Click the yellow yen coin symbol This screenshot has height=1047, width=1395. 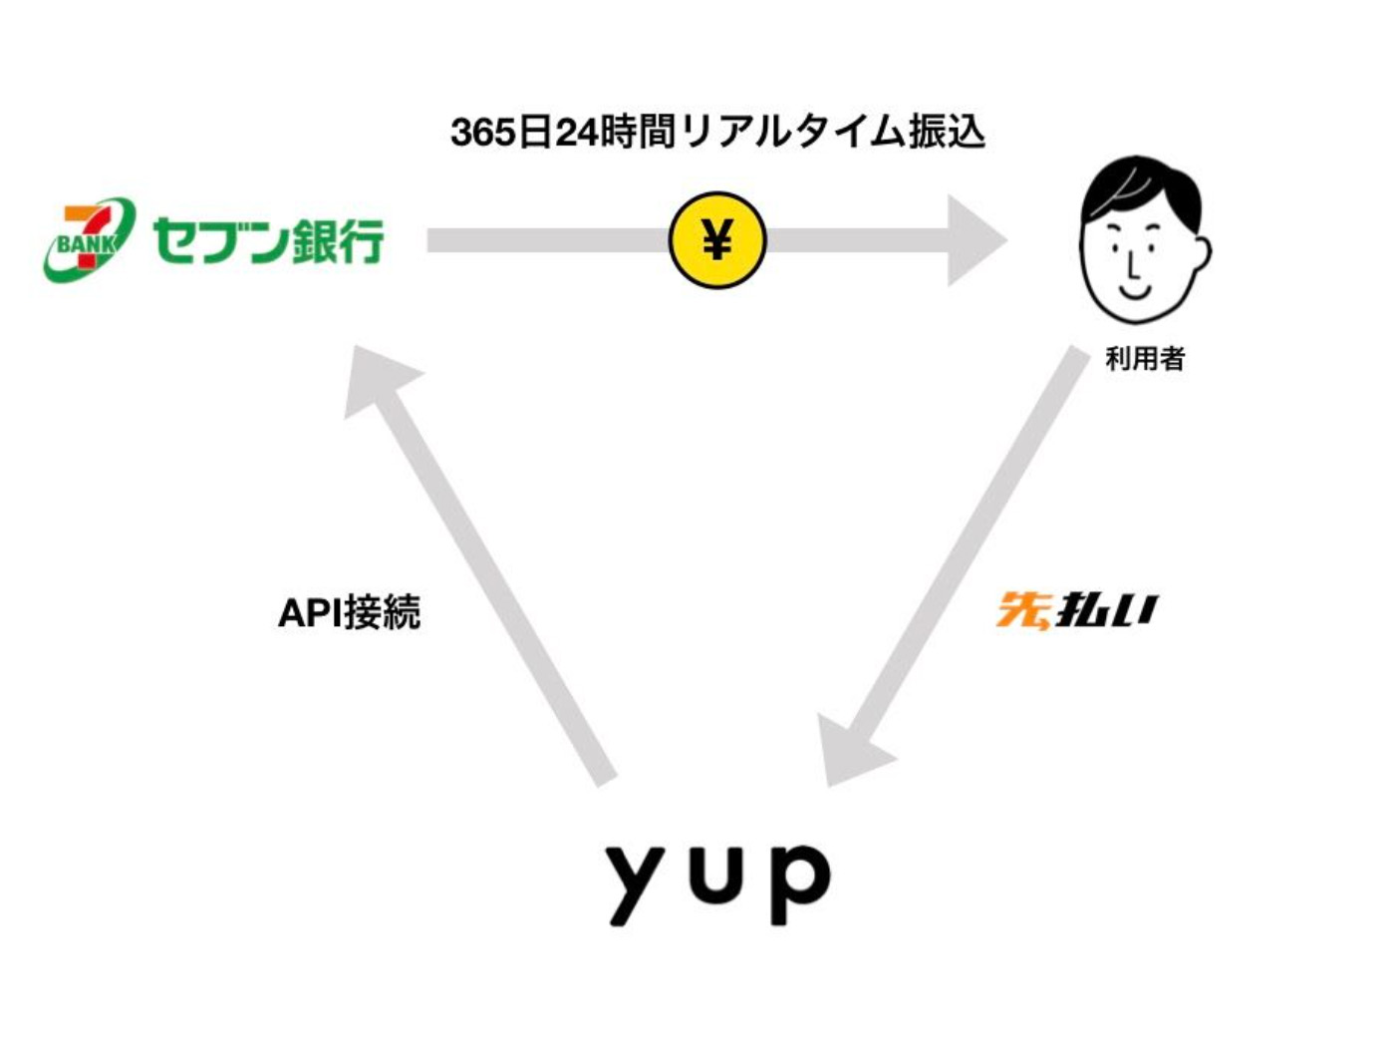(716, 240)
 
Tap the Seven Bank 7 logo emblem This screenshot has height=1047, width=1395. (88, 239)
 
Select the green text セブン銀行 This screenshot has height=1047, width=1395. (268, 241)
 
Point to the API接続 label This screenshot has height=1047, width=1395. (349, 612)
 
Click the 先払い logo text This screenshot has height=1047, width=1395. (1077, 610)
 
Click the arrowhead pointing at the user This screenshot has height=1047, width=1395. (975, 240)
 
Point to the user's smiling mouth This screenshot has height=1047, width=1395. (1135, 289)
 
